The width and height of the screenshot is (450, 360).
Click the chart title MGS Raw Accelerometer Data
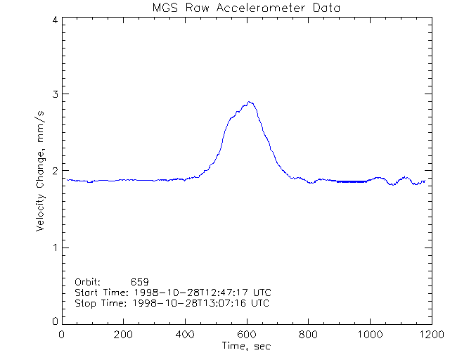[245, 8]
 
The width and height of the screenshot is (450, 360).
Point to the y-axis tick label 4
[54, 20]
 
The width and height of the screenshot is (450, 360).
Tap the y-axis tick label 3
[54, 94]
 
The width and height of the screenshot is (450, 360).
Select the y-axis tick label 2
[54, 171]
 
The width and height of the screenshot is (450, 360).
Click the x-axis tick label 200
[124, 335]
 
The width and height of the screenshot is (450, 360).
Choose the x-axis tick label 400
[185, 335]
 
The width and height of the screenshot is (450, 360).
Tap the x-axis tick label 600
[247, 335]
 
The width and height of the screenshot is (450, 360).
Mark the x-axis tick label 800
[308, 335]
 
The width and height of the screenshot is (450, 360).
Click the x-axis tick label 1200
[430, 335]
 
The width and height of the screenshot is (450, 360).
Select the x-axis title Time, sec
[245, 346]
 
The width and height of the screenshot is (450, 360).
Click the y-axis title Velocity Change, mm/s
[41, 169]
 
